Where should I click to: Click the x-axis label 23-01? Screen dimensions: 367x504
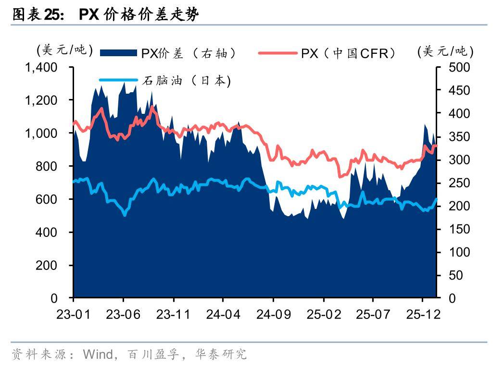pos(73,314)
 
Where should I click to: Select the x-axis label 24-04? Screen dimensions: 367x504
pos(223,314)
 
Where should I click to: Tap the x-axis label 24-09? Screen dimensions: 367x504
pos(273,314)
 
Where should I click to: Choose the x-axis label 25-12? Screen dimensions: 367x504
pos(422,314)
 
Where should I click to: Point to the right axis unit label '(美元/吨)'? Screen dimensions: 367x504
pos(445,51)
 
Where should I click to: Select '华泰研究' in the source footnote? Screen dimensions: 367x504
pos(221,355)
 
